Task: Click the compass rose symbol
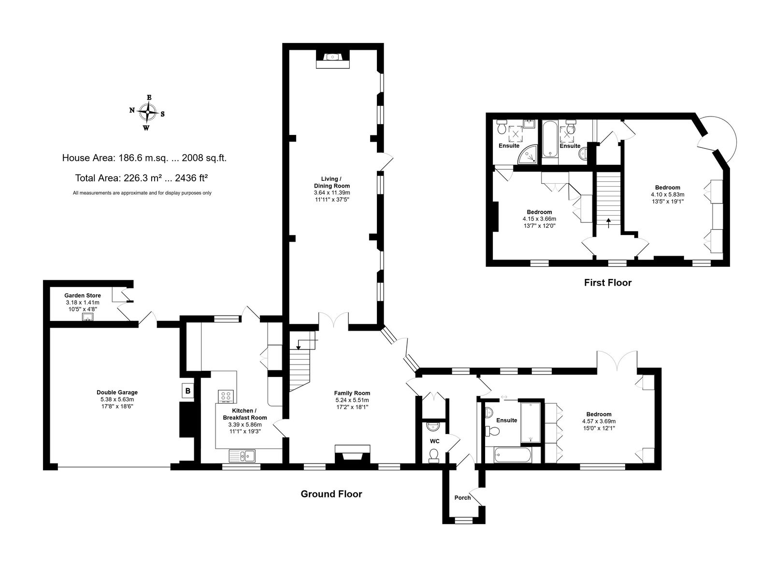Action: (x=148, y=113)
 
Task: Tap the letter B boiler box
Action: (x=188, y=391)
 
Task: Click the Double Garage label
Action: (x=117, y=393)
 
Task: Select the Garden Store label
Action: (x=83, y=295)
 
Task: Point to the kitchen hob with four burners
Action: (x=226, y=396)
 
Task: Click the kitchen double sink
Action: (x=242, y=456)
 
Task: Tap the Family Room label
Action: (x=352, y=393)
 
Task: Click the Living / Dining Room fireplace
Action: (x=333, y=59)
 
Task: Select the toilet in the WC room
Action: (x=433, y=455)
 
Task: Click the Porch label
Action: (x=462, y=497)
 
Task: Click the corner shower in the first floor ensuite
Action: (x=528, y=154)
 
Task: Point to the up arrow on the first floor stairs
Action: (x=608, y=223)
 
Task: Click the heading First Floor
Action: (x=608, y=282)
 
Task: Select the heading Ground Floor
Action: (x=331, y=494)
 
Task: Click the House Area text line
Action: (x=144, y=158)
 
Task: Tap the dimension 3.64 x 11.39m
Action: (x=332, y=193)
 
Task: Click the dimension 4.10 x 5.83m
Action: (x=667, y=194)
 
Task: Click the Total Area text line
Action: (x=142, y=178)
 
